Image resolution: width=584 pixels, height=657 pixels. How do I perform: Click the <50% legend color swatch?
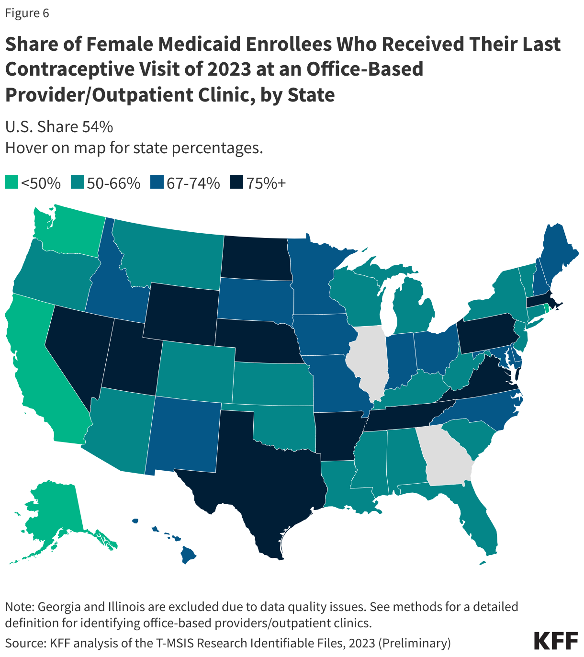coord(11,183)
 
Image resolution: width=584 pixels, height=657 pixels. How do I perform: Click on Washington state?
coord(72,230)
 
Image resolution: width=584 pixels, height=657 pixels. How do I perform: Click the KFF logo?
coord(556,640)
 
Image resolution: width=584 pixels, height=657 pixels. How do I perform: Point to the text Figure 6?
coord(27,13)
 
